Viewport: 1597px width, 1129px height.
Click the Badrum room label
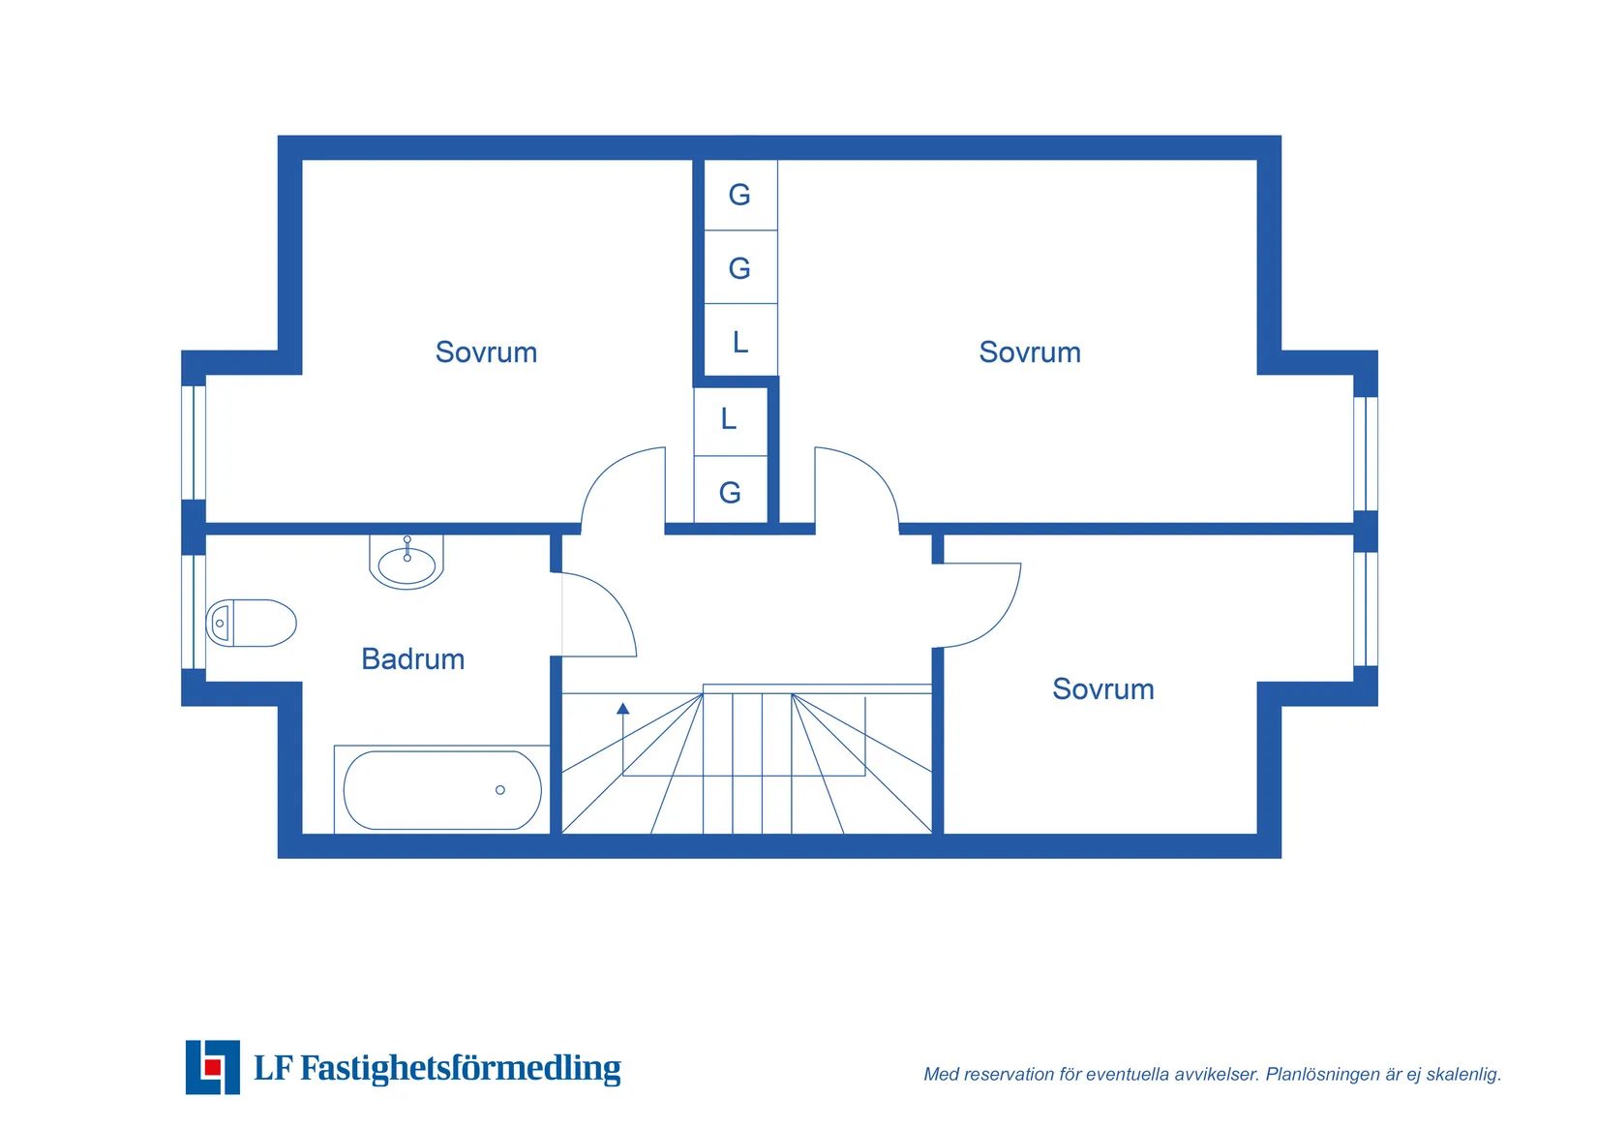412,659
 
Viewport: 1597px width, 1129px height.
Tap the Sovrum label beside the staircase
1103,689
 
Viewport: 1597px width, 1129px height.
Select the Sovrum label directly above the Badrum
486,352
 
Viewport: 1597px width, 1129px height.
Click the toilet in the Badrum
251,624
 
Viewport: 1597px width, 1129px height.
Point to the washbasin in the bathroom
407,563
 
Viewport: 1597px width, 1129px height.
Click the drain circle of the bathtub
500,790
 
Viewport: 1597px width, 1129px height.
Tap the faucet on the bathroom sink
407,548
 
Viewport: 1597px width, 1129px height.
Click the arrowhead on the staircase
623,708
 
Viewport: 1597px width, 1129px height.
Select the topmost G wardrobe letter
739,195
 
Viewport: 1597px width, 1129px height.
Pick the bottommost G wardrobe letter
730,493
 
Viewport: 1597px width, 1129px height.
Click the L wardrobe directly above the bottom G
728,418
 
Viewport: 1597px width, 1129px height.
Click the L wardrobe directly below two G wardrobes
740,343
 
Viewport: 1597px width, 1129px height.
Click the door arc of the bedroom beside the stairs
999,622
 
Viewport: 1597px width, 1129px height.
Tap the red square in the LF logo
213,1067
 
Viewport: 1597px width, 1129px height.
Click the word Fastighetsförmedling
461,1068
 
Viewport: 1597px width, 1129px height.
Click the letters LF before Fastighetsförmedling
273,1068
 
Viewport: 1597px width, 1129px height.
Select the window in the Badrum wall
194,612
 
